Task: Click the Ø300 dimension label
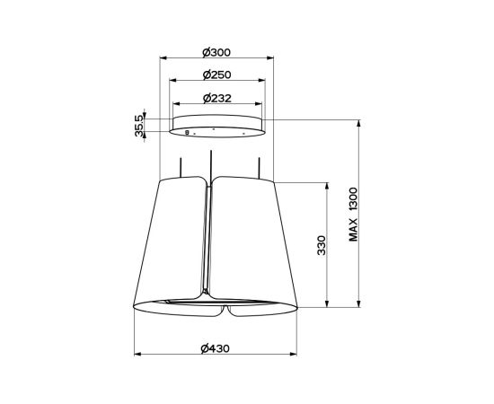(216, 53)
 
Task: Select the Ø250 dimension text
(217, 75)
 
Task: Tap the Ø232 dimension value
(217, 98)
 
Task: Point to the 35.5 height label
(139, 126)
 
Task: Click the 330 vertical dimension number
(322, 245)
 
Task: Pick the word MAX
(354, 230)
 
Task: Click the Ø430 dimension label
(216, 348)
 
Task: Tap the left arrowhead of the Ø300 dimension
(163, 57)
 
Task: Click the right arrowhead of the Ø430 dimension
(294, 355)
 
